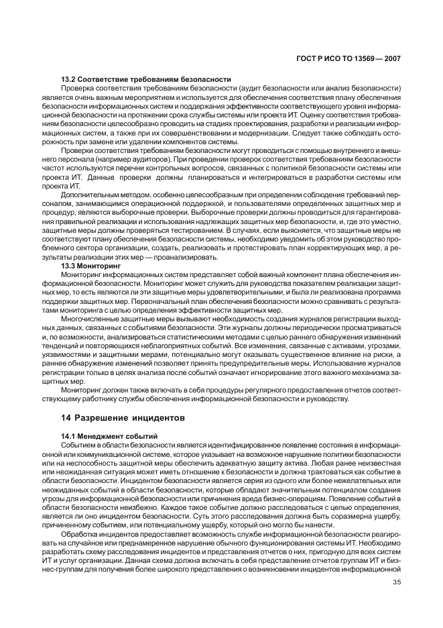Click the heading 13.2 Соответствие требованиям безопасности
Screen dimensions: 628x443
pos(146,79)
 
